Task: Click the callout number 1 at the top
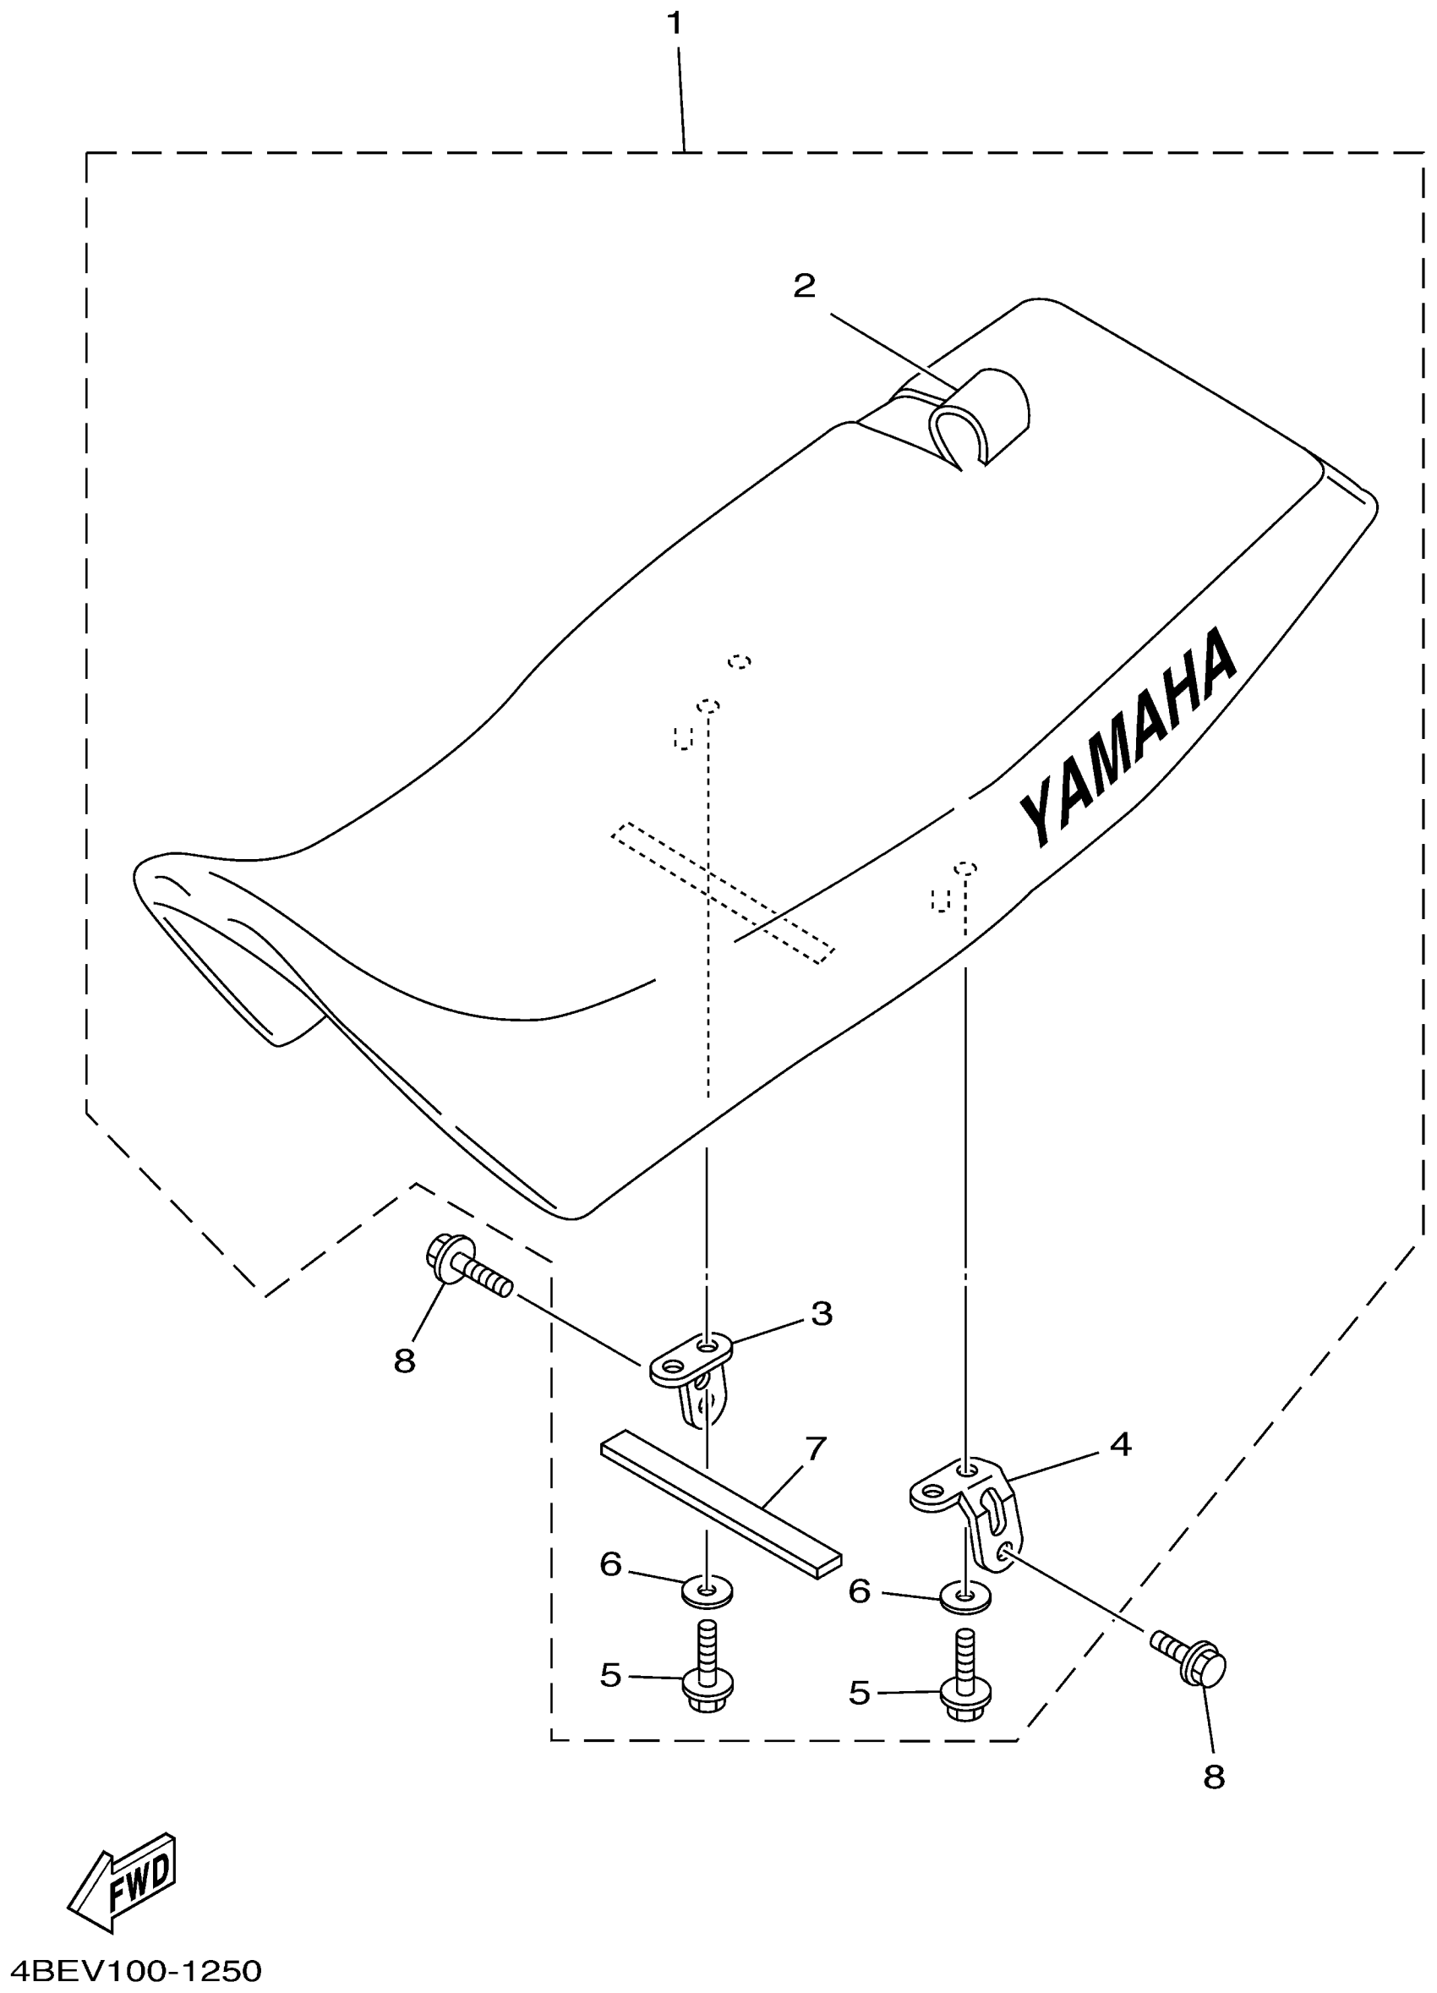pos(675,24)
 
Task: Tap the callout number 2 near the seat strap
pos(804,286)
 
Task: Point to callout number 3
pos(822,1313)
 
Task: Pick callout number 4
pos(1120,1443)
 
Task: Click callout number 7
pos(816,1448)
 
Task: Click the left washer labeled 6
pos(706,1590)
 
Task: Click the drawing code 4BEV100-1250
pos(132,1971)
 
